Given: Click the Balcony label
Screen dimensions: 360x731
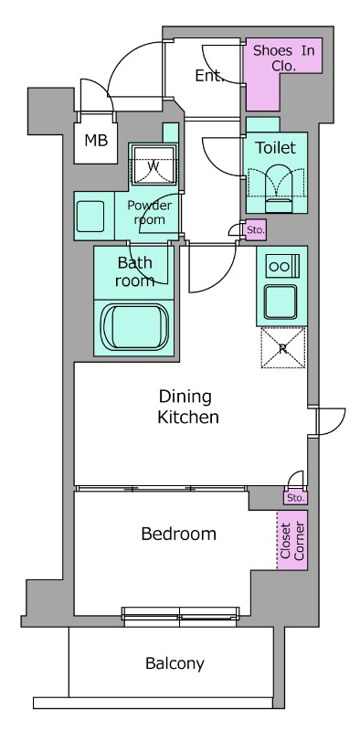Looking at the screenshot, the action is coord(175,663).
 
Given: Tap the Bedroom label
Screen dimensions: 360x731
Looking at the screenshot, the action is coord(178,534).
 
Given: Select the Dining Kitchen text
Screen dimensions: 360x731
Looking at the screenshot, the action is coord(188,407).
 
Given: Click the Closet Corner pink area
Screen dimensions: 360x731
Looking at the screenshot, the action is coord(292,540).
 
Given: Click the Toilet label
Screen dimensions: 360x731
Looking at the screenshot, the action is coord(275,148).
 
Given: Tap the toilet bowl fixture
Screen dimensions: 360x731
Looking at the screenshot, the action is coord(279,191).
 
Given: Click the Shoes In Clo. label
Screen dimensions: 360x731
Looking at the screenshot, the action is coord(284,58).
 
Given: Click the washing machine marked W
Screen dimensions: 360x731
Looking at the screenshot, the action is coord(154,165).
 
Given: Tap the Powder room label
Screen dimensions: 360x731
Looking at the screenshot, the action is coord(149,213).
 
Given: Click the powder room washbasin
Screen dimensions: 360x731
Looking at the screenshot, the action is coord(90,217).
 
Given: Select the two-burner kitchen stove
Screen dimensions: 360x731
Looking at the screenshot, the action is coord(282,267).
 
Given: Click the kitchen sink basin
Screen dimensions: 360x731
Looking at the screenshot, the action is coord(280,301).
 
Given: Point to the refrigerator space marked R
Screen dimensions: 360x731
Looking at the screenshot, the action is coord(283,348).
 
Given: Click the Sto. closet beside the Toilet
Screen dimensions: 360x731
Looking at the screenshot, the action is coord(255,230).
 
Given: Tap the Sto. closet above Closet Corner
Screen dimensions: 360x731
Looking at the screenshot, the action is coord(296,497).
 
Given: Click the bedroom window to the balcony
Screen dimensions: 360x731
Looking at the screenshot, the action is coord(180,614).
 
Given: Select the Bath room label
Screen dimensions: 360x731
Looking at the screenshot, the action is coord(134,271).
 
